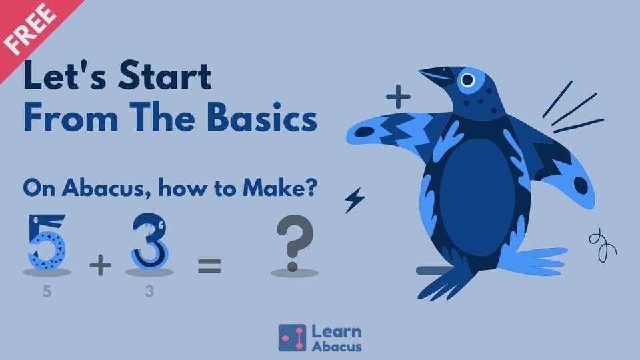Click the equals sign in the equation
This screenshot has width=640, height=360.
pyautogui.click(x=209, y=267)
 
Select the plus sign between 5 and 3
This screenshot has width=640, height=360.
pyautogui.click(x=100, y=267)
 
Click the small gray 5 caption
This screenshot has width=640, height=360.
pyautogui.click(x=47, y=291)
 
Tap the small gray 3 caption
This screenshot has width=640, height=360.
pyautogui.click(x=149, y=291)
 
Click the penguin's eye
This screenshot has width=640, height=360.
pyautogui.click(x=467, y=81)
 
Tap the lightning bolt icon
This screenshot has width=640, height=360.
pyautogui.click(x=353, y=201)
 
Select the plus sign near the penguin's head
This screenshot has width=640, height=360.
pyautogui.click(x=398, y=99)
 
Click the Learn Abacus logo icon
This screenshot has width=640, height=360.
pyautogui.click(x=292, y=337)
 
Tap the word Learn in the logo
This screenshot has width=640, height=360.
pyautogui.click(x=337, y=331)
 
